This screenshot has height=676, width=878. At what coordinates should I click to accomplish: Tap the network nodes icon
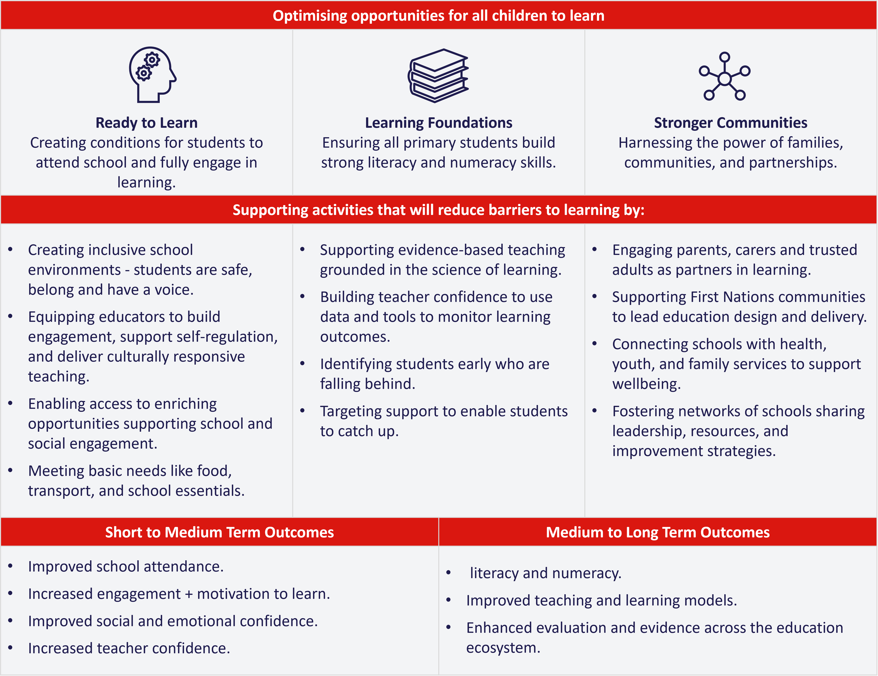pos(725,76)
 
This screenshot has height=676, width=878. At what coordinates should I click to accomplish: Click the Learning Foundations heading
pos(439,123)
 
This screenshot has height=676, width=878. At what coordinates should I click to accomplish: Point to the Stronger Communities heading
pos(731,123)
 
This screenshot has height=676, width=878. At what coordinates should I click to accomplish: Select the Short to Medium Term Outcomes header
pos(219,532)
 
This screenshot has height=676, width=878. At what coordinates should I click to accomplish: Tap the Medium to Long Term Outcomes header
pos(658,532)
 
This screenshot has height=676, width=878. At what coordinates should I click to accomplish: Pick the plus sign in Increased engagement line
pos(189,594)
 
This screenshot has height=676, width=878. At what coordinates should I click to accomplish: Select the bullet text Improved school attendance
pos(125,567)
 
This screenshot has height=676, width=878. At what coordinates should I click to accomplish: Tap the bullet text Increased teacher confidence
pos(129,648)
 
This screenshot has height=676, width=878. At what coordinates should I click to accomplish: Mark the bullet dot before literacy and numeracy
pos(449,573)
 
